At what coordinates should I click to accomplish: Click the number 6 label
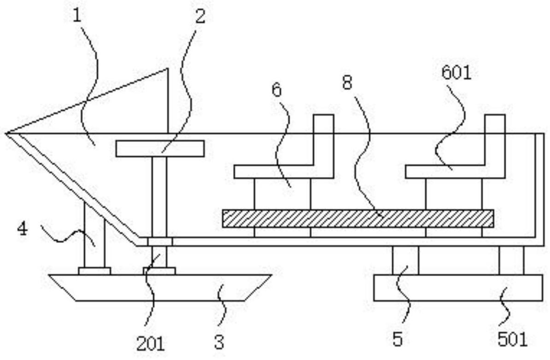click(276, 90)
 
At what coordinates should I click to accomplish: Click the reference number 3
click(219, 342)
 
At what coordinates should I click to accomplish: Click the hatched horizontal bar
click(357, 218)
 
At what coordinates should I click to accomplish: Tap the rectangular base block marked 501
click(458, 288)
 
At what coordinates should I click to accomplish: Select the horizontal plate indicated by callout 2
click(160, 148)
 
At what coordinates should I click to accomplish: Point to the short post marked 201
click(159, 256)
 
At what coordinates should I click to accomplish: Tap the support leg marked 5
click(405, 260)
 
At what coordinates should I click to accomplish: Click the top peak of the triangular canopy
click(167, 69)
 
